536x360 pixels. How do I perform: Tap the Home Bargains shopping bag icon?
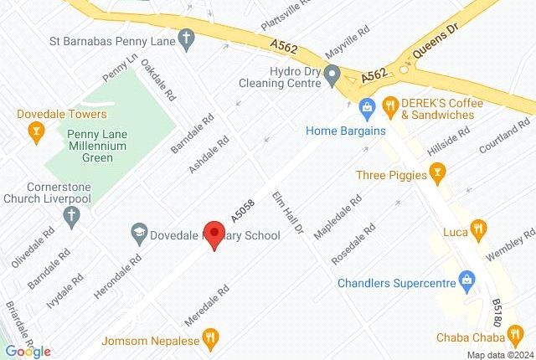coord(366,108)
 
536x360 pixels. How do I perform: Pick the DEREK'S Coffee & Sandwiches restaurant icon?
coord(390,107)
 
